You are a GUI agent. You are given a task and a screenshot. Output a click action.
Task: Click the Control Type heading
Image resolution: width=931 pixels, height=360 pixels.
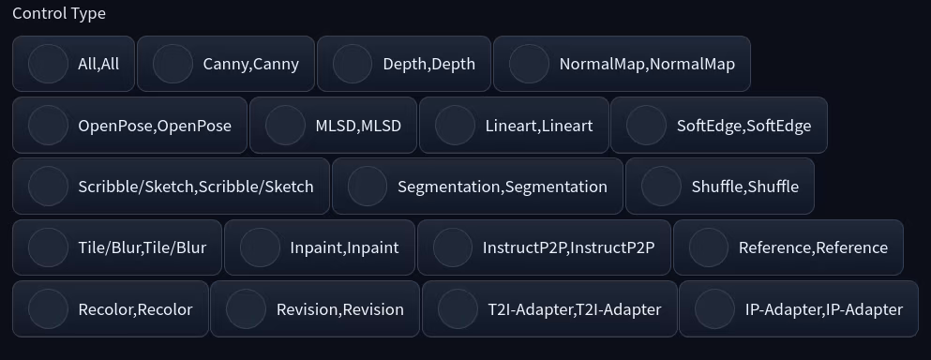[x=58, y=14]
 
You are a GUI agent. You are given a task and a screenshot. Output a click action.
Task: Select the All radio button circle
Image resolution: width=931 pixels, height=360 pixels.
[x=48, y=64]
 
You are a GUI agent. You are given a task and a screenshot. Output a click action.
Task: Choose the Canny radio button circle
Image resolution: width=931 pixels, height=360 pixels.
[x=173, y=64]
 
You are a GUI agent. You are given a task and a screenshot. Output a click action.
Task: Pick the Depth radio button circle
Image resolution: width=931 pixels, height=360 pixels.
[x=353, y=64]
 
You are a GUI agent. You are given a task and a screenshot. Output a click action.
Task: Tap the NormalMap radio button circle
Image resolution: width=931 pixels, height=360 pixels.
[x=529, y=64]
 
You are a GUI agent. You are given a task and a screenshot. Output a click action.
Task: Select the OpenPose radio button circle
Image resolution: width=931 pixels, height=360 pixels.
[x=48, y=125]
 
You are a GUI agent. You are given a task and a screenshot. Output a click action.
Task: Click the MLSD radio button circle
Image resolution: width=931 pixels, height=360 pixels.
[x=285, y=125]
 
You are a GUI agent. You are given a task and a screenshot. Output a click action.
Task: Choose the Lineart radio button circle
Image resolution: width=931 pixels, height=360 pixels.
[x=455, y=125]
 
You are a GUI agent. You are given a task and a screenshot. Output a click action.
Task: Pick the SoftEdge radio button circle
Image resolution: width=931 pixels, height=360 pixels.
[x=646, y=125]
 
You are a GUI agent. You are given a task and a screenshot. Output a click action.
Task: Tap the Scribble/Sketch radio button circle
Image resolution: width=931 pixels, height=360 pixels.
[x=48, y=186]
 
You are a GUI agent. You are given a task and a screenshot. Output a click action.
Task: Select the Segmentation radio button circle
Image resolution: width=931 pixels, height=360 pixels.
[x=368, y=186]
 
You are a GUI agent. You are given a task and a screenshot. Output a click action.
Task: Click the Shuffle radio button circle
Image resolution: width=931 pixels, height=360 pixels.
[x=661, y=186]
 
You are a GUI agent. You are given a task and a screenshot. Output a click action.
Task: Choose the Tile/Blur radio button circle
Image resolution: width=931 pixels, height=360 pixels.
[x=48, y=247]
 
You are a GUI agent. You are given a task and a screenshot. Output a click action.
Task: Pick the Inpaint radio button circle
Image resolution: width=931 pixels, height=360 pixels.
[x=260, y=247]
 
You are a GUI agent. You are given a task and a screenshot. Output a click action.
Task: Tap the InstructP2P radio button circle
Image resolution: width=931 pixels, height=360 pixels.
[x=453, y=247]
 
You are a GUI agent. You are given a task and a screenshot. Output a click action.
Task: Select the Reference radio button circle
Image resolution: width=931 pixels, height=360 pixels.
[x=709, y=247]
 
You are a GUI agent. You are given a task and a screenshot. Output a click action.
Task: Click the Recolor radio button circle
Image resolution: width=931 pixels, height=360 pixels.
[x=48, y=308]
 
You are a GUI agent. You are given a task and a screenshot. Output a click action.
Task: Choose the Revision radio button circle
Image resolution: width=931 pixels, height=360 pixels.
[x=246, y=308]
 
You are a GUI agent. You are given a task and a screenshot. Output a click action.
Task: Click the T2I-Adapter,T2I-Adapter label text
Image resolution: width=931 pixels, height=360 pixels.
[x=575, y=309]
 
